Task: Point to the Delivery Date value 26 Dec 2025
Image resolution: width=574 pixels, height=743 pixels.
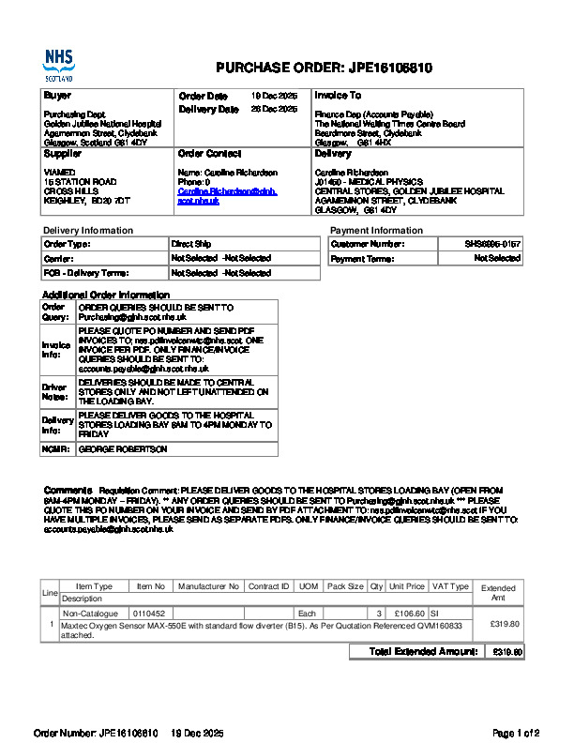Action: pos(274,110)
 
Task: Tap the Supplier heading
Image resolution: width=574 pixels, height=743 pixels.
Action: pos(63,153)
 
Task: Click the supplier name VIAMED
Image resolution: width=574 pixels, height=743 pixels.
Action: pos(59,173)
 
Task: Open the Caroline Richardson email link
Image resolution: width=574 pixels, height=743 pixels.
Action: pos(227,196)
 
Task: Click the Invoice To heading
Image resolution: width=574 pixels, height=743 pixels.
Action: pos(338,96)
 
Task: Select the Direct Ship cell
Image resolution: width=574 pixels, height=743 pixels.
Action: pos(189,244)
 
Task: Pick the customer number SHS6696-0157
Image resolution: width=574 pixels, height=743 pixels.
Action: pos(493,244)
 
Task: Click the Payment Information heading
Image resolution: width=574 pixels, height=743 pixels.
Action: pos(376,231)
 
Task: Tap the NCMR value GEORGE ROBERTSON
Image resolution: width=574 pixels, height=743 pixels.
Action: pos(123,449)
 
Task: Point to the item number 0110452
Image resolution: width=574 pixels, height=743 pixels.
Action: pos(148,613)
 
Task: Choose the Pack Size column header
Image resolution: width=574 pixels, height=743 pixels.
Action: pos(344,586)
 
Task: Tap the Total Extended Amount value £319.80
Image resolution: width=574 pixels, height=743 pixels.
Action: pos(507,651)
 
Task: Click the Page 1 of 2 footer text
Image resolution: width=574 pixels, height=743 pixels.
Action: pos(516,732)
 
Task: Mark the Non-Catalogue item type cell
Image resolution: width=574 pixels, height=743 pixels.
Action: pos(94,613)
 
